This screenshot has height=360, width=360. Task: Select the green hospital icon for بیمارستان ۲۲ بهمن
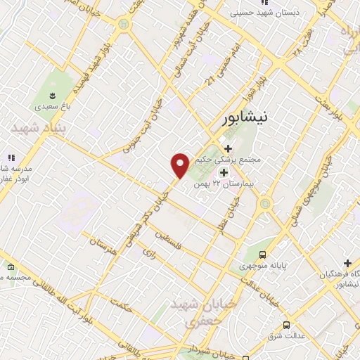click(x=224, y=173)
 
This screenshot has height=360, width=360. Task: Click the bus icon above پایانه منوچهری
click(x=262, y=255)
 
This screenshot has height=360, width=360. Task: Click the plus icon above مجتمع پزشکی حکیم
click(x=227, y=148)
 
